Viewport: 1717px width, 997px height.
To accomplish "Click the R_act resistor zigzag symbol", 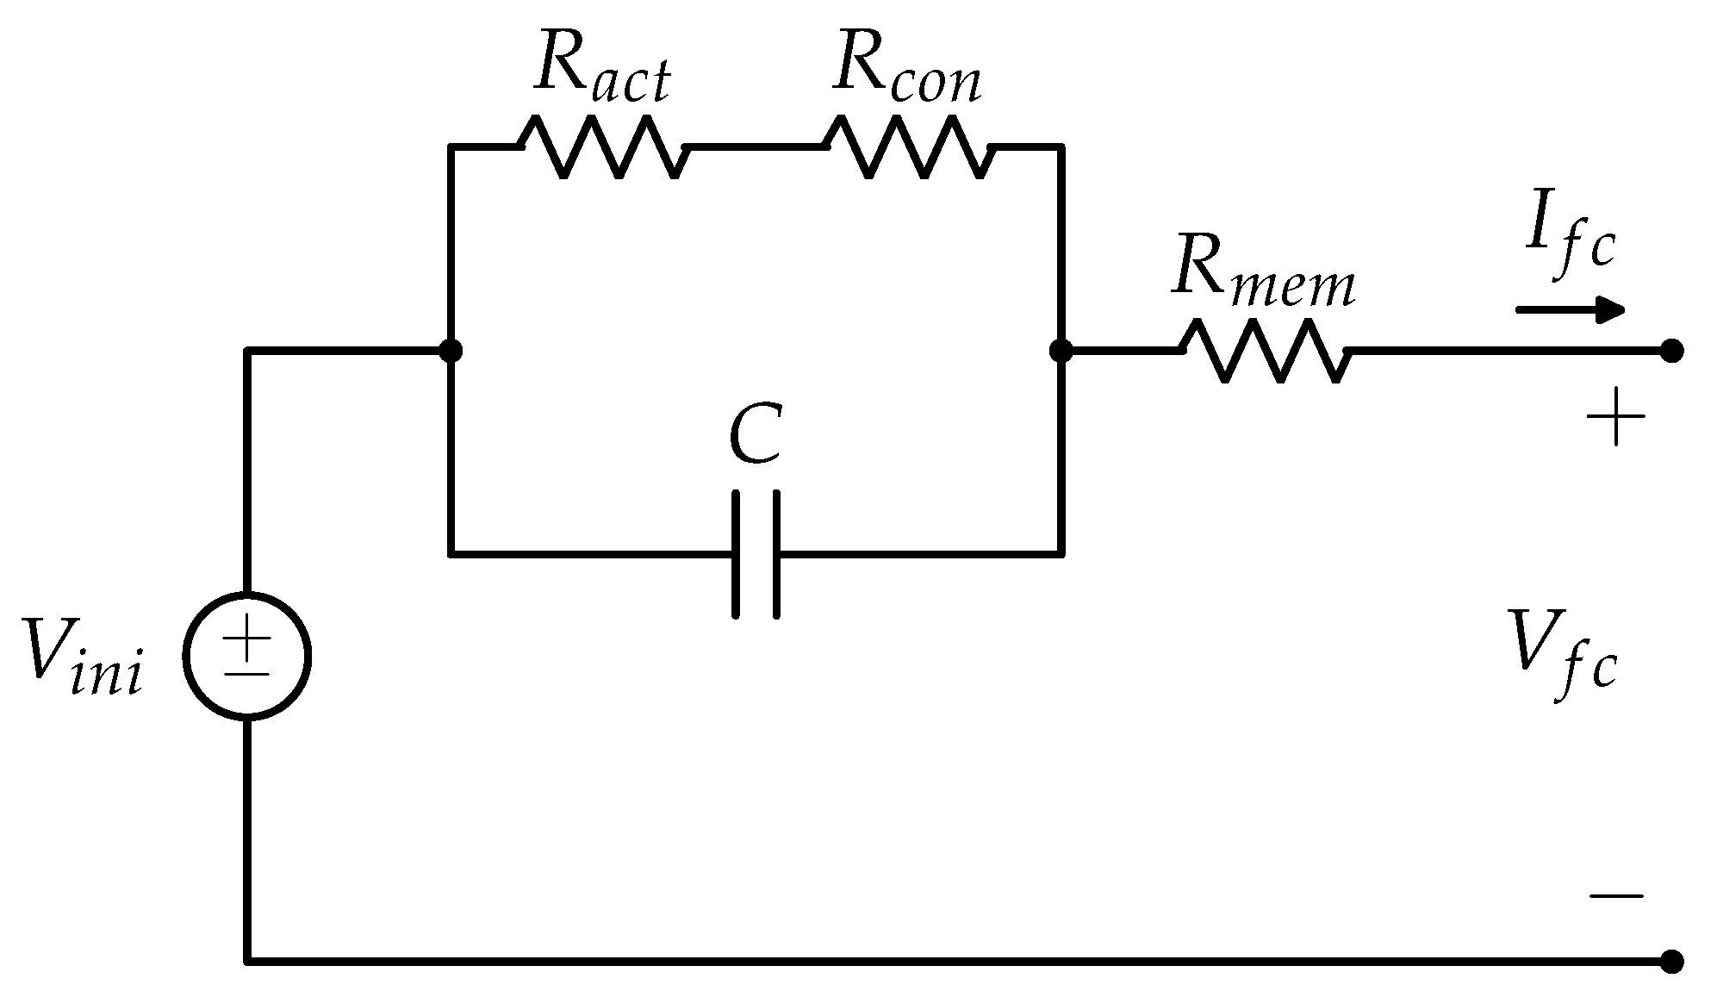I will click(x=603, y=148).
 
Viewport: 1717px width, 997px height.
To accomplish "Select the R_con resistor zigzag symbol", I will click(x=909, y=148).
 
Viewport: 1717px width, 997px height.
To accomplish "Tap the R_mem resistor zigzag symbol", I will click(x=1265, y=351).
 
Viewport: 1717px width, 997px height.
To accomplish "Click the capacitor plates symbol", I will click(x=756, y=554).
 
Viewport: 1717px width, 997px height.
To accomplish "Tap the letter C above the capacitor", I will click(x=755, y=434).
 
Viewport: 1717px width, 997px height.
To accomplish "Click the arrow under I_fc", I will click(x=1570, y=309).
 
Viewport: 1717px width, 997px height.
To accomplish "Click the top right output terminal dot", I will click(x=1671, y=351).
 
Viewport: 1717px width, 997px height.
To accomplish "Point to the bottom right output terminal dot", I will click(x=1671, y=961).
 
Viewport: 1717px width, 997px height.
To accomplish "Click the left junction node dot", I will click(x=451, y=351).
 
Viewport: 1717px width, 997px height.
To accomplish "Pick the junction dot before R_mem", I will click(x=1061, y=351).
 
